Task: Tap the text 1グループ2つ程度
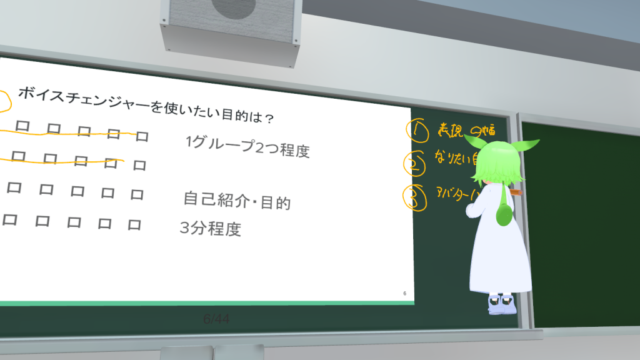[x=247, y=146]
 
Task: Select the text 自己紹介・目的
[x=236, y=201]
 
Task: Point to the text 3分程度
[x=210, y=229]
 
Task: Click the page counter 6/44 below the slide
[x=216, y=319]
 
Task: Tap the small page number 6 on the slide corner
[x=404, y=293]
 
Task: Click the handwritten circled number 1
[x=417, y=131]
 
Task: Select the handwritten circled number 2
[x=414, y=165]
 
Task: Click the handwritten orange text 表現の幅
[x=466, y=130]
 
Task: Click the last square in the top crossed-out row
[x=142, y=136]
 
